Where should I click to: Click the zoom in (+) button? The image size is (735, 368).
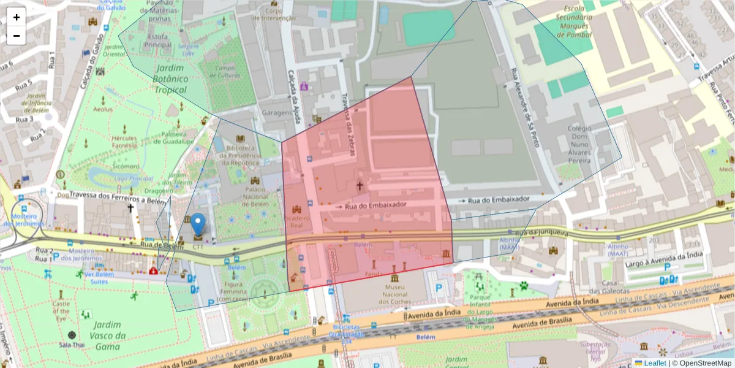click(x=17, y=17)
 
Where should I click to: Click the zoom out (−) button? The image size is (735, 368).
click(x=17, y=36)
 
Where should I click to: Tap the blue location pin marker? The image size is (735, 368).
click(x=198, y=225)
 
